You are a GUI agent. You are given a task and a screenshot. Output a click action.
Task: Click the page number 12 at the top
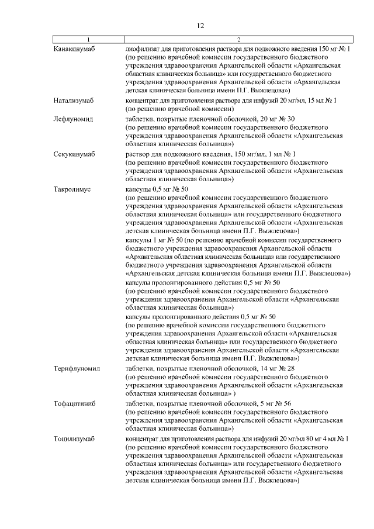pyautogui.click(x=200, y=26)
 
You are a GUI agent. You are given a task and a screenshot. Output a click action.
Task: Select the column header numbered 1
pyautogui.click(x=89, y=40)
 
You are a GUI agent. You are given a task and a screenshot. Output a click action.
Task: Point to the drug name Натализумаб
pyautogui.click(x=74, y=101)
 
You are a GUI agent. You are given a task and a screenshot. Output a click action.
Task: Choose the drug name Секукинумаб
pyautogui.click(x=74, y=154)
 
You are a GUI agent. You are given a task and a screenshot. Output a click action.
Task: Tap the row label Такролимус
pyautogui.click(x=71, y=189)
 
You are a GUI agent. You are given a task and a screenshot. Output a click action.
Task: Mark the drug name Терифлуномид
pyautogui.click(x=77, y=369)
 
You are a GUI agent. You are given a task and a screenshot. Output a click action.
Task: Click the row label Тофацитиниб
pyautogui.click(x=74, y=404)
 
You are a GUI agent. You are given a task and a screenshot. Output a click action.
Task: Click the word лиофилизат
pyautogui.click(x=144, y=49)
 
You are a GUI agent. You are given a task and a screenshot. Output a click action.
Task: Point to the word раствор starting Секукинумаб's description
pyautogui.click(x=139, y=154)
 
